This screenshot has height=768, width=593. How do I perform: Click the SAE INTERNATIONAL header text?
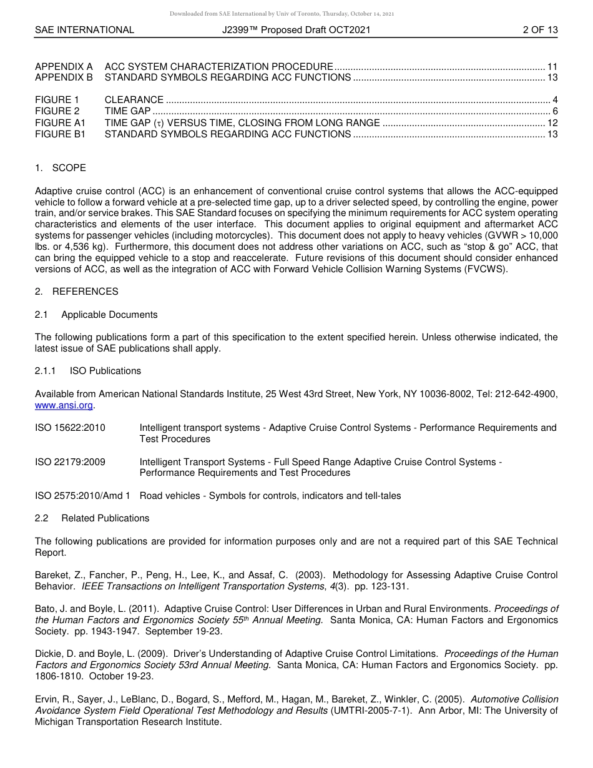pos(84,29)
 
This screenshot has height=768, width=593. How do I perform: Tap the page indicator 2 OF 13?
pos(540,29)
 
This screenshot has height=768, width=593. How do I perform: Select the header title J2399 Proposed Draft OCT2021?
pos(296,29)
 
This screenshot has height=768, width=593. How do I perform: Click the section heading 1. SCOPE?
pos(61,168)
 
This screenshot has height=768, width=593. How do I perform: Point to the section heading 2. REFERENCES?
pos(76,292)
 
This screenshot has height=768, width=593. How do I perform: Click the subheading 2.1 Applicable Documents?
pos(96,315)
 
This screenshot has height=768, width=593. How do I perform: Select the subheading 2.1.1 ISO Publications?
pos(88,371)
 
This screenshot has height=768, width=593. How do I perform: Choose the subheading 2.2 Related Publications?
pos(92,518)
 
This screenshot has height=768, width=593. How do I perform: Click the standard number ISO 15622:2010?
pos(70,428)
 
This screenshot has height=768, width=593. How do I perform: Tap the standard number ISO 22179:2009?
pos(70,462)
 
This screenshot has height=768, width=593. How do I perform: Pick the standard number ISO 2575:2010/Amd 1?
pos(82,496)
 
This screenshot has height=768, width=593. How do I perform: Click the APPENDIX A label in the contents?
pos(64,66)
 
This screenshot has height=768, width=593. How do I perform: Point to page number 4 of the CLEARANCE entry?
pos(555,100)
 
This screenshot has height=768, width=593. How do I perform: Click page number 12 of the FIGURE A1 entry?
pos(552,122)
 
